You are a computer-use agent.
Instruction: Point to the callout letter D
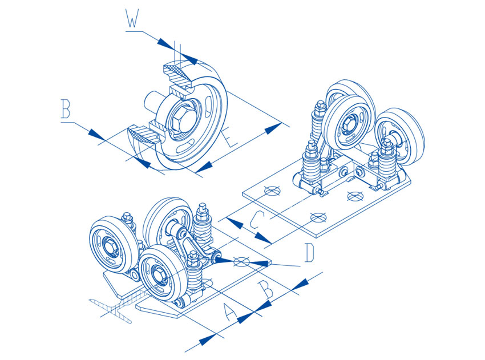[x=309, y=253]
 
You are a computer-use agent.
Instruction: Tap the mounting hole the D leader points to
[x=242, y=261]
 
